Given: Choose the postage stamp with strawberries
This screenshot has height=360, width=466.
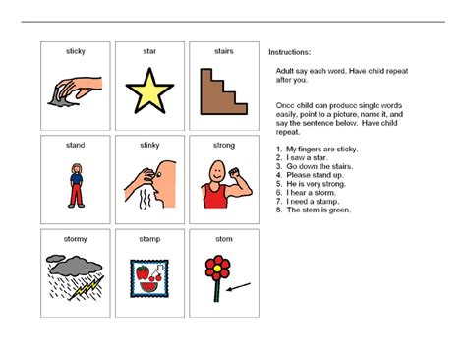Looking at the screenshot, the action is coord(149,278).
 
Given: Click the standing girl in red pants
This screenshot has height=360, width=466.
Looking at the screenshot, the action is coord(75,185).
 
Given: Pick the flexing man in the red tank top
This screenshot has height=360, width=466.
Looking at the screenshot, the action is coord(223,185).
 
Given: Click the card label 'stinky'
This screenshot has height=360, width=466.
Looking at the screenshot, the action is coord(149,145).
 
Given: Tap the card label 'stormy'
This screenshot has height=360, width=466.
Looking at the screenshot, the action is coord(76,239).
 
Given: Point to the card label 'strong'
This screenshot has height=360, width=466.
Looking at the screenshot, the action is coord(223,145).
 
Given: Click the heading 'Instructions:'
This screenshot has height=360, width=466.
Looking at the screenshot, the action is coord(289,51).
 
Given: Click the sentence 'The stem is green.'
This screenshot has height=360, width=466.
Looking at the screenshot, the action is coord(317,209).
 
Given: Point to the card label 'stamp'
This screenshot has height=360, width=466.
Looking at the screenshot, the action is coord(149,239).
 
